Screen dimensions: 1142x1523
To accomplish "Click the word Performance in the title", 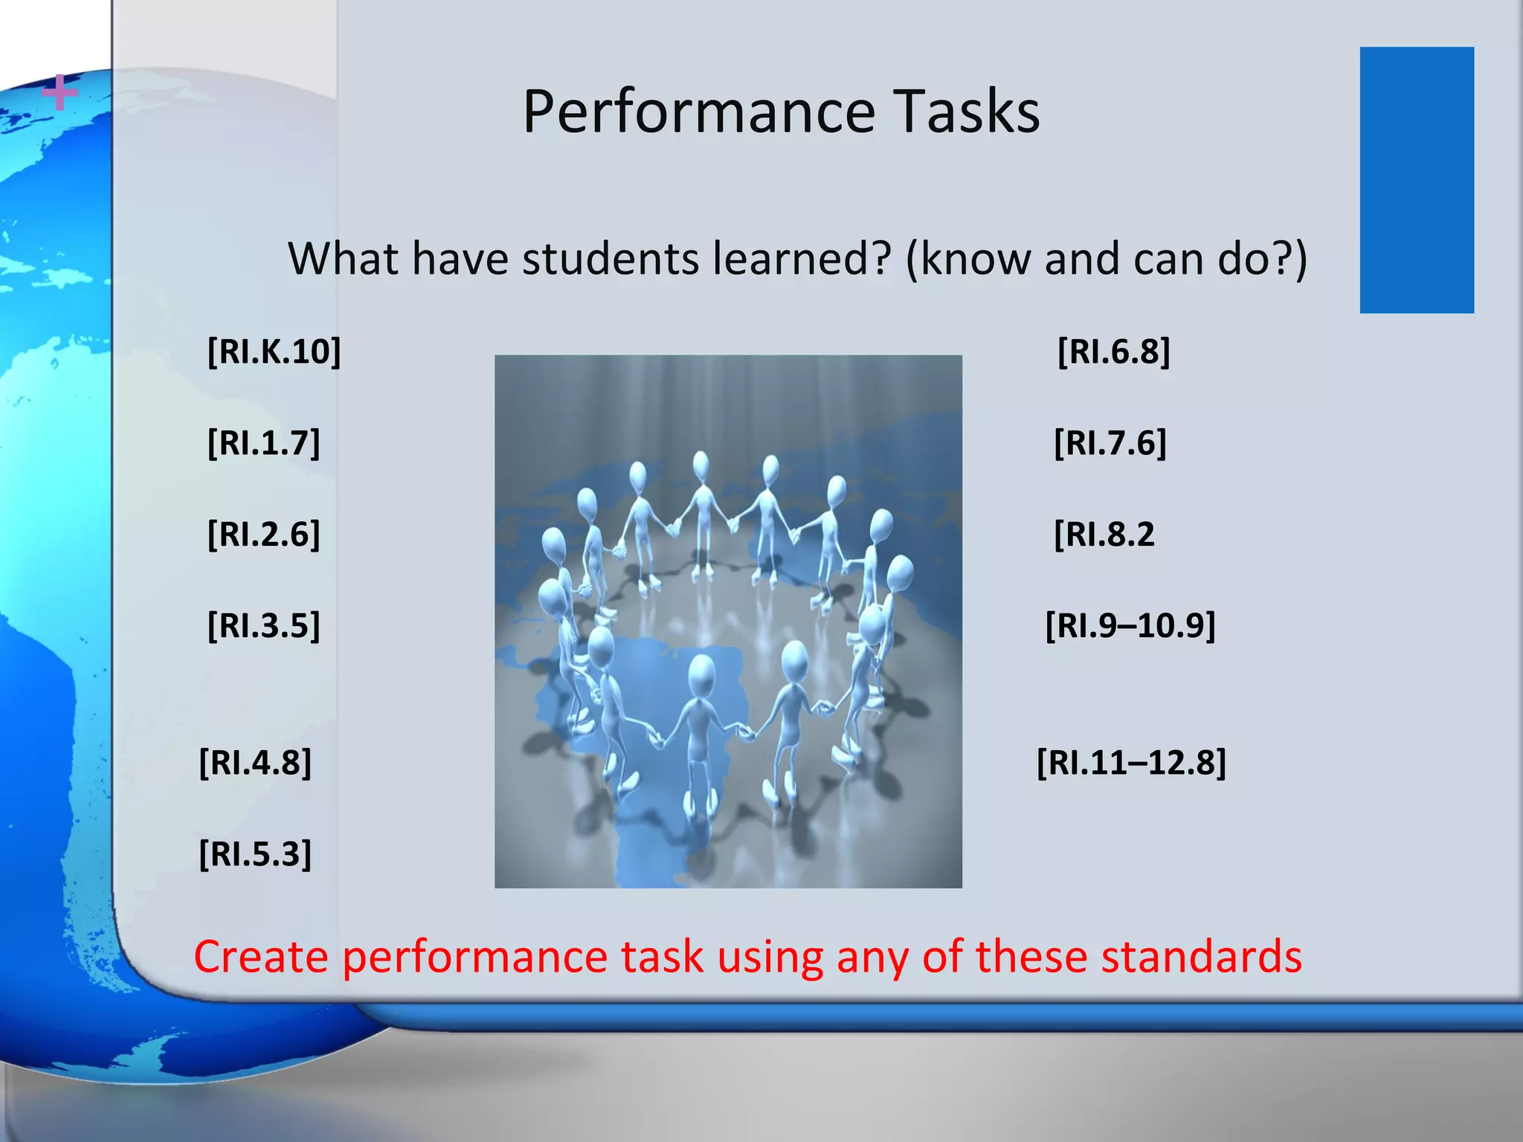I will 698,112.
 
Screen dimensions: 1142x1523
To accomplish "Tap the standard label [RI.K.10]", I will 274,351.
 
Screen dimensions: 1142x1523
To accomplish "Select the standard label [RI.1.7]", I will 263,443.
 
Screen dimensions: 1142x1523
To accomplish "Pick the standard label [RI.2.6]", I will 263,535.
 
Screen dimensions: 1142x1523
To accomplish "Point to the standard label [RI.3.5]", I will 263,626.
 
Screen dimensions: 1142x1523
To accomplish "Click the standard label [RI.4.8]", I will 255,763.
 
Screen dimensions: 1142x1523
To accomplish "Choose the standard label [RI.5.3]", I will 255,854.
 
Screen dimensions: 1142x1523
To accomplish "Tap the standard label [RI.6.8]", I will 1113,351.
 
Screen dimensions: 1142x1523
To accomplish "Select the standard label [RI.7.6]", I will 1110,443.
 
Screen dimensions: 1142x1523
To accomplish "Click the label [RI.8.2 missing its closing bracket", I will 1104,535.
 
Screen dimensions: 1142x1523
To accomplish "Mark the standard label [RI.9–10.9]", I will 1130,626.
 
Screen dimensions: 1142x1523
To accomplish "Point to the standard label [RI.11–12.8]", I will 1130,763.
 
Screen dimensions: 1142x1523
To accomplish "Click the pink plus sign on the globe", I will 59,94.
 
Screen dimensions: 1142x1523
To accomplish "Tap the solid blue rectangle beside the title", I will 1416,180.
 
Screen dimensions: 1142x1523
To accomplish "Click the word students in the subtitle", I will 610,259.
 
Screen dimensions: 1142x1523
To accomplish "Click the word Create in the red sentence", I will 260,957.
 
